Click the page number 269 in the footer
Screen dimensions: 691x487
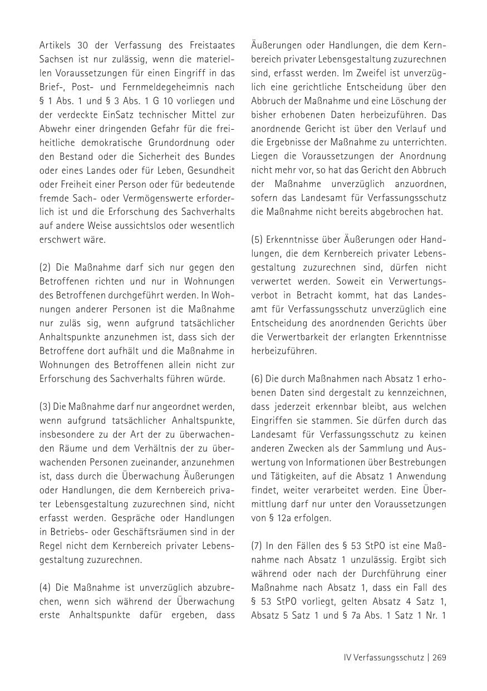439,658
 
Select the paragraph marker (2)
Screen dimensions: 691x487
46,267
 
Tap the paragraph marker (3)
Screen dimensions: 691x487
46,406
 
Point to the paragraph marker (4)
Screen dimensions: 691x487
46,587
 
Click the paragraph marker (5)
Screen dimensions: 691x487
258,239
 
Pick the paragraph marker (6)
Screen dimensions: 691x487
258,379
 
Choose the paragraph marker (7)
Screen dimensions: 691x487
258,546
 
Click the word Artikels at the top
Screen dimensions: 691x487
55,45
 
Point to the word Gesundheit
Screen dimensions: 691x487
212,170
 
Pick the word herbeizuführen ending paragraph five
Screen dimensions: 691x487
284,351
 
